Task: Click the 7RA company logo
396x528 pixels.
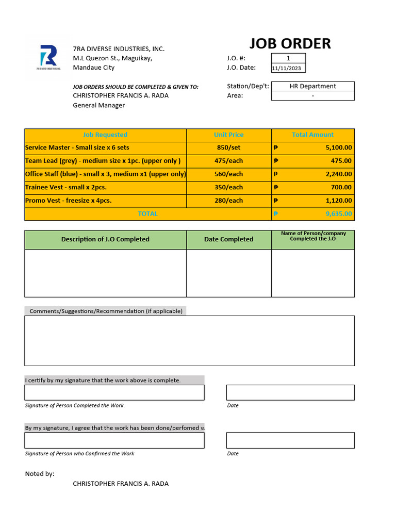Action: (49, 57)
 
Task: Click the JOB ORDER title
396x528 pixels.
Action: (290, 44)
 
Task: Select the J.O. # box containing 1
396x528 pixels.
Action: (288, 58)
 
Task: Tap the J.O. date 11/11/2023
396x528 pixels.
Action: (288, 68)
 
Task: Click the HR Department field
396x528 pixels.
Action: (312, 86)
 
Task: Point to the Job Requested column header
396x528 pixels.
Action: (105, 135)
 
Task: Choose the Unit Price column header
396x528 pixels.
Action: (228, 135)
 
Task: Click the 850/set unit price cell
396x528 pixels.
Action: (228, 147)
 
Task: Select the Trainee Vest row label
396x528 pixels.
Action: (65, 187)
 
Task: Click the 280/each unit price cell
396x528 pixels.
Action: (228, 201)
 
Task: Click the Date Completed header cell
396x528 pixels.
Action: (228, 239)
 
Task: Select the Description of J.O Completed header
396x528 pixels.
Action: (105, 239)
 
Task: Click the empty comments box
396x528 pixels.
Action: (189, 340)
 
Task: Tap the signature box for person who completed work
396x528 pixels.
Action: (114, 392)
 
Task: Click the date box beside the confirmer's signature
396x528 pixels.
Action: (290, 440)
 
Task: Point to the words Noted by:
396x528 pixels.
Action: (40, 474)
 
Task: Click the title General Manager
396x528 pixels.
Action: (98, 105)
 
